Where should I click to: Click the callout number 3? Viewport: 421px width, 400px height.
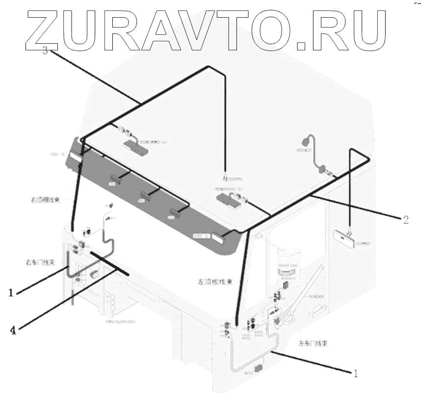[45, 51]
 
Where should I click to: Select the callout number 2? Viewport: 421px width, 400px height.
[405, 220]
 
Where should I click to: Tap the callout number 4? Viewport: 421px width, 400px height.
[13, 330]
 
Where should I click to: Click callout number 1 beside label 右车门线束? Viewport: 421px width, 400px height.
[10, 293]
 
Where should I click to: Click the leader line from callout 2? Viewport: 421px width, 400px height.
[353, 207]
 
